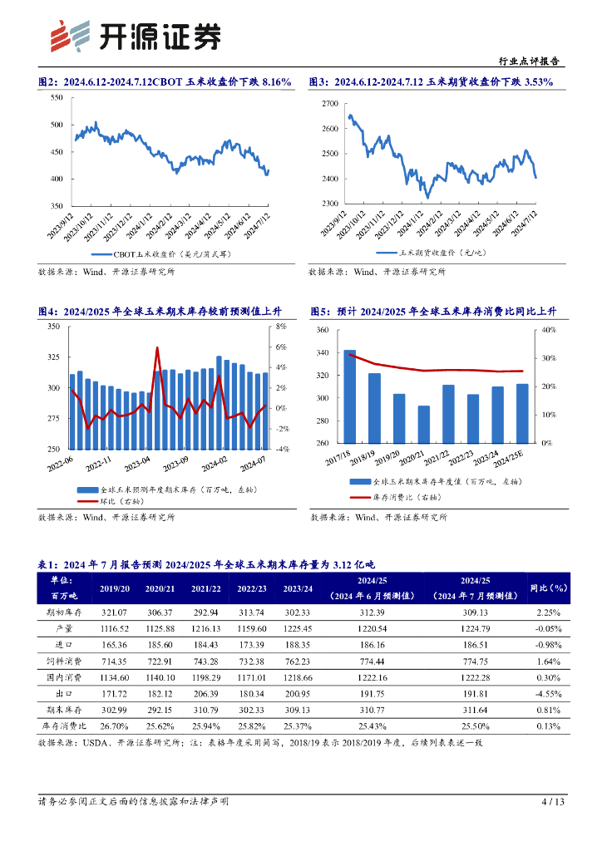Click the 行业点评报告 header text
pyautogui.click(x=528, y=61)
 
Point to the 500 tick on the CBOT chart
pyautogui.click(x=57, y=125)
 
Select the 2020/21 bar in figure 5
pyautogui.click(x=424, y=424)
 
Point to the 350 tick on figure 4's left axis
pyautogui.click(x=53, y=327)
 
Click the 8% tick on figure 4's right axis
pyautogui.click(x=281, y=327)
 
